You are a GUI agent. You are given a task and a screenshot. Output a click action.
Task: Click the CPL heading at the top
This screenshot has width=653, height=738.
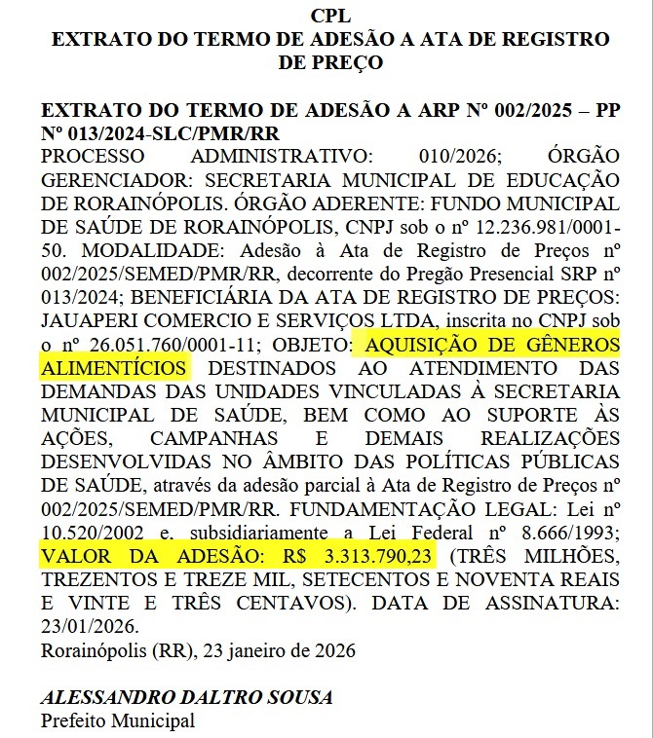329,17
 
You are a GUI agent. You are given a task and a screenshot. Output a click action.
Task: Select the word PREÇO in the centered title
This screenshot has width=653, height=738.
329,63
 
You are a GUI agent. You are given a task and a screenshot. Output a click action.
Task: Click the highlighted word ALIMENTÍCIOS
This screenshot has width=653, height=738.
114,369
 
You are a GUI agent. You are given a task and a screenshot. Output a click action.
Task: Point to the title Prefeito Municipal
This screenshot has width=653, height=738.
117,721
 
